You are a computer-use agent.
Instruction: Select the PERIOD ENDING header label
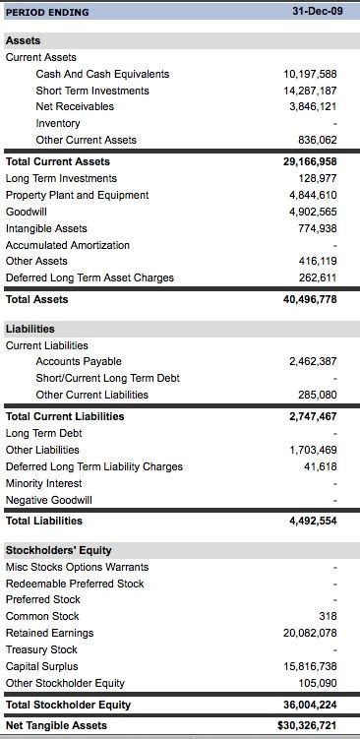click(47, 13)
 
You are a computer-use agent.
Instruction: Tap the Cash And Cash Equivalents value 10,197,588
click(310, 74)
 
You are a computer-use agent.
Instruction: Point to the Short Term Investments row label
click(92, 91)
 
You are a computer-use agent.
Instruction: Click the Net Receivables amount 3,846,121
click(313, 106)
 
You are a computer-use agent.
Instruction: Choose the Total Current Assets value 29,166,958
click(310, 161)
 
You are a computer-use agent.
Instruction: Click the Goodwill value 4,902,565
click(313, 212)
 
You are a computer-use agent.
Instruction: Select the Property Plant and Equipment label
click(77, 195)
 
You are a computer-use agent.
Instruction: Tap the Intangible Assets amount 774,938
click(316, 228)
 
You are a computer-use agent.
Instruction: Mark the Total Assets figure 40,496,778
click(310, 299)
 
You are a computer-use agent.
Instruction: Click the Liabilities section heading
click(30, 329)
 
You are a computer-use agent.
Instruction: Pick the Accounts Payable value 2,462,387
click(313, 362)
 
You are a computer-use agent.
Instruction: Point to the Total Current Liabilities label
click(65, 416)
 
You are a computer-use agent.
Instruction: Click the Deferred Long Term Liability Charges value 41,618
click(321, 466)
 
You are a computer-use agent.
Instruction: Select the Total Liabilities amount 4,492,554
click(313, 521)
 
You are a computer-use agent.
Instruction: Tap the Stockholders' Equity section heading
click(59, 550)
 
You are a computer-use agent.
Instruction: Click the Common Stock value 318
click(329, 616)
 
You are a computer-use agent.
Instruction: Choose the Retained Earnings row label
click(50, 633)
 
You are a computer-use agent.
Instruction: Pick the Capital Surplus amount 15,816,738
click(310, 666)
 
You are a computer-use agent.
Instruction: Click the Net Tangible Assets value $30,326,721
click(308, 725)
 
